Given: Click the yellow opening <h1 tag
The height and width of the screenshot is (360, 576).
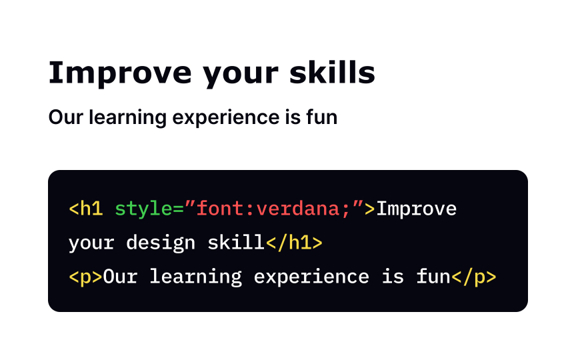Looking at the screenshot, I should click(86, 209).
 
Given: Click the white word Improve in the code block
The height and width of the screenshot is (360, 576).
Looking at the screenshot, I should click(417, 209).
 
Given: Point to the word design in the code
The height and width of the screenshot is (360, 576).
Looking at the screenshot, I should click(161, 243).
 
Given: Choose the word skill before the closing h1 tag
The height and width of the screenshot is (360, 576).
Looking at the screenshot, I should click(236, 243).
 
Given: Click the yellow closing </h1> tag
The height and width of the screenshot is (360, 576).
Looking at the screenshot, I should click(294, 243).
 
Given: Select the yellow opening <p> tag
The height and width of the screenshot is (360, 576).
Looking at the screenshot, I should click(86, 277).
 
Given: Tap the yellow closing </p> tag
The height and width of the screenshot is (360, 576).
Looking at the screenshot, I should click(474, 277).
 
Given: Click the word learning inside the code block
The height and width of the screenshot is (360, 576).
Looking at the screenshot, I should click(195, 277).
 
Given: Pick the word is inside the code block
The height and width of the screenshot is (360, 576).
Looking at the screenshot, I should click(393, 277).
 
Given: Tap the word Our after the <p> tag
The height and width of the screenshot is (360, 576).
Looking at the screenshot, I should click(120, 277).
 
